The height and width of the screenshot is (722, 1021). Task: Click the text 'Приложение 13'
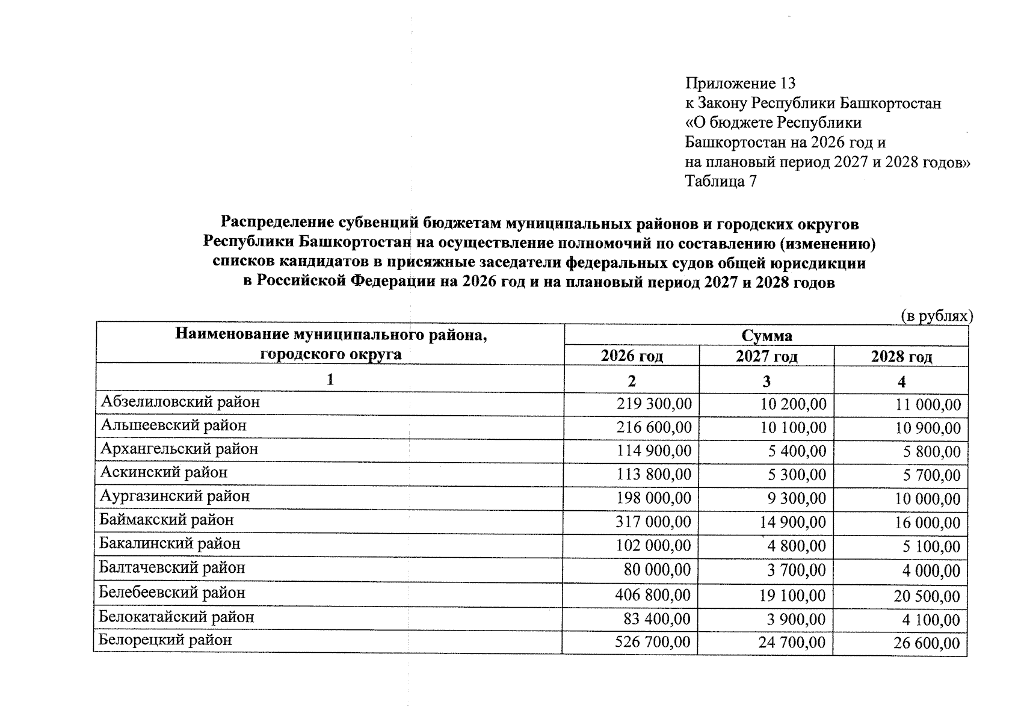point(740,83)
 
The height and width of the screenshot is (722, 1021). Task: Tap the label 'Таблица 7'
point(721,181)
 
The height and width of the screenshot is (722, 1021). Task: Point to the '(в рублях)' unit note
point(936,316)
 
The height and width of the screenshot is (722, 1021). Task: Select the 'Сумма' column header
point(767,335)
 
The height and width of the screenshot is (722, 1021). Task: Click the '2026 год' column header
point(632,356)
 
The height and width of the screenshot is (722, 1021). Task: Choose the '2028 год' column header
point(901,357)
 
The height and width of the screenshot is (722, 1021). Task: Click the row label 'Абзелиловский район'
point(180,402)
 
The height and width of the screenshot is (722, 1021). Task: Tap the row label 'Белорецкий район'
point(165,640)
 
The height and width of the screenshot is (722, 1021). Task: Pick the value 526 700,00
point(652,642)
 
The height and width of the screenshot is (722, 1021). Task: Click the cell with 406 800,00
point(653,595)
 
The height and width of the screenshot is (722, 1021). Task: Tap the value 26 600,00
point(927,643)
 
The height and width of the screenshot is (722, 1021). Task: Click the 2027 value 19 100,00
point(792,596)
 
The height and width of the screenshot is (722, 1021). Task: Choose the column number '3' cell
point(767,381)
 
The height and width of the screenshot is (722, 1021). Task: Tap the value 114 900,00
point(653,451)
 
